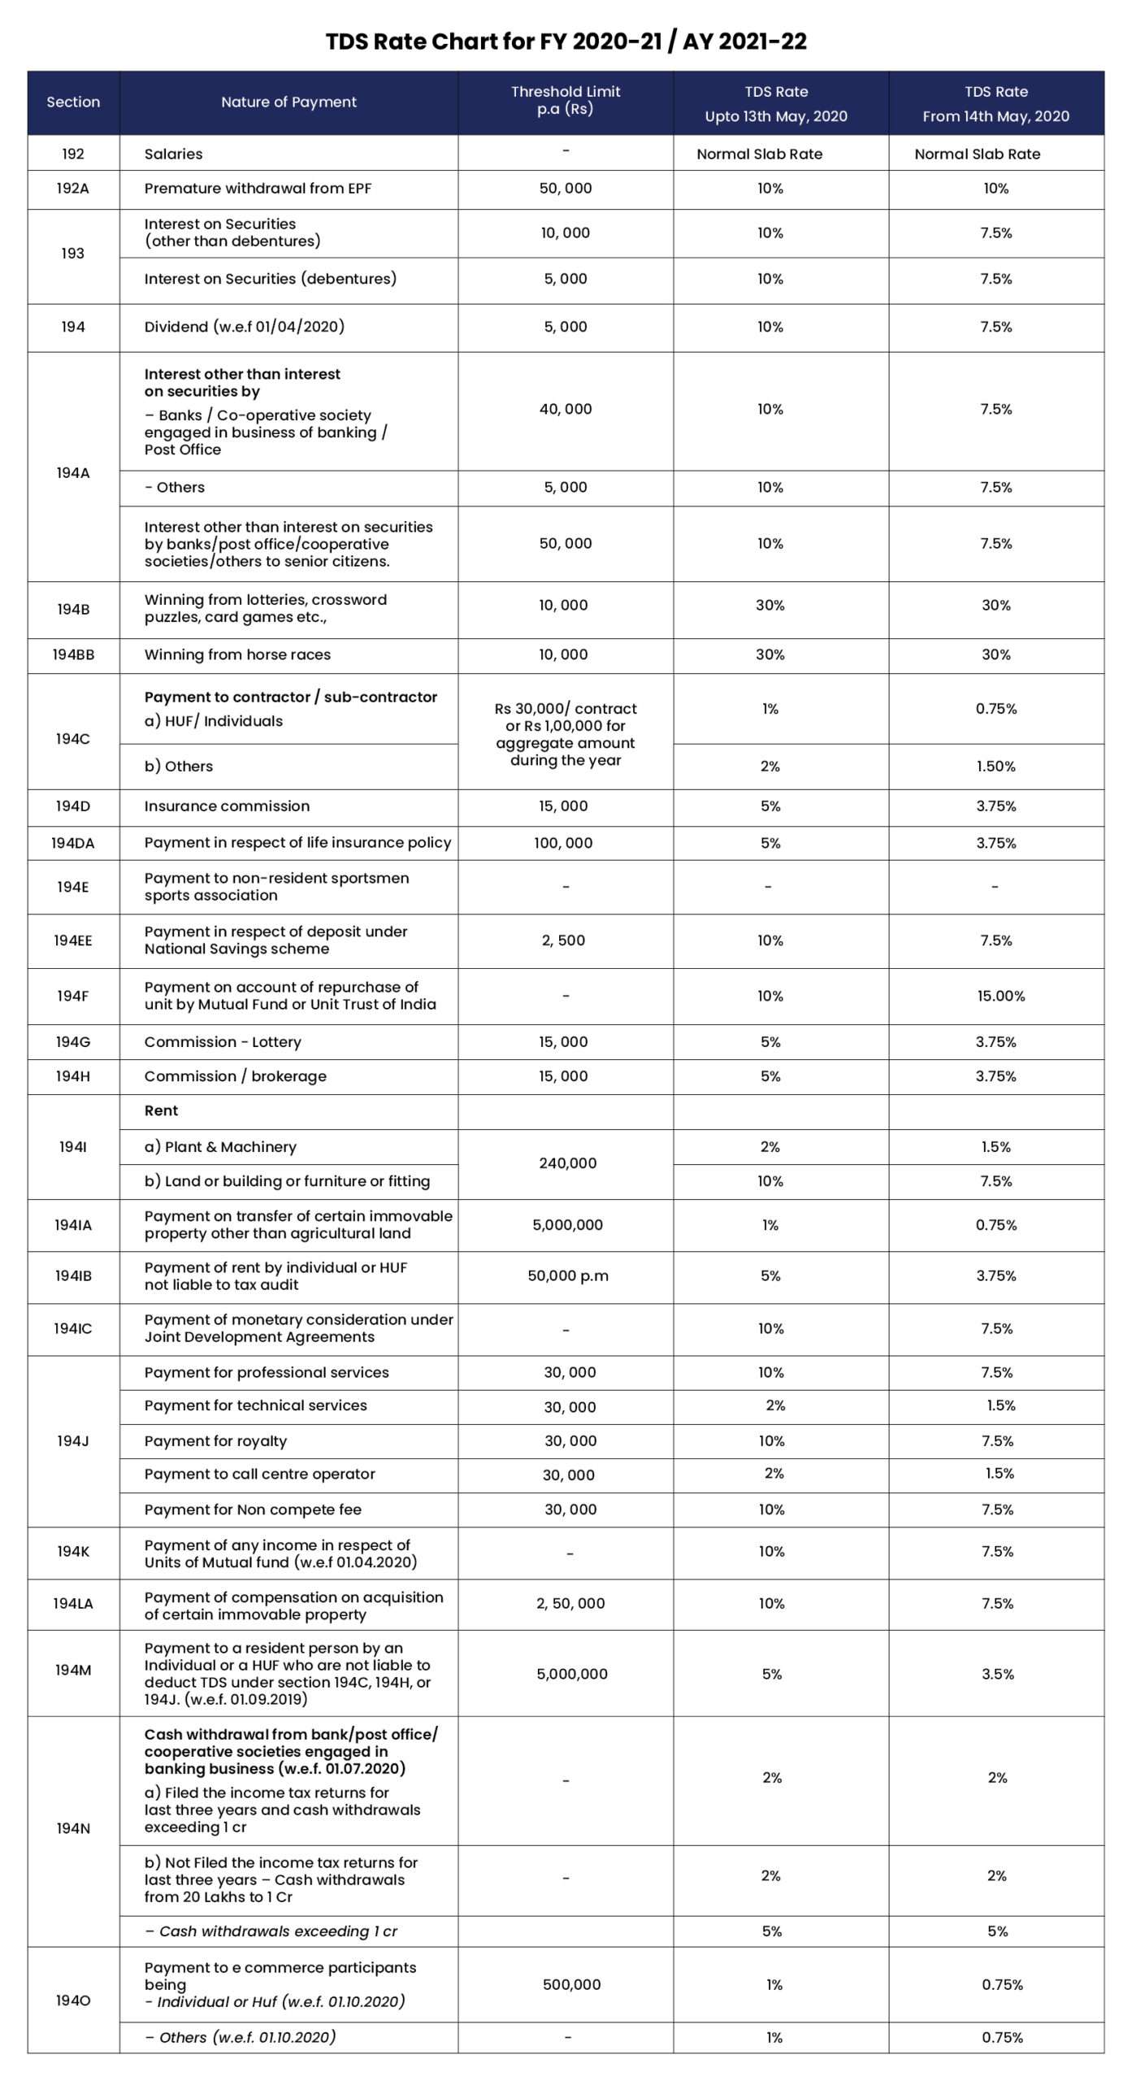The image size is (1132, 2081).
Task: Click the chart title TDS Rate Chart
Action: pos(566,41)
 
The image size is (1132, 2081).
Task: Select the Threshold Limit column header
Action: pos(566,100)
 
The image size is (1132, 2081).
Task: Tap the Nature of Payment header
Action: pos(288,102)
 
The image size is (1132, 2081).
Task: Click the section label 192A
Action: pos(73,189)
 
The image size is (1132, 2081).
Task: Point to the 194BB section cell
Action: pos(73,654)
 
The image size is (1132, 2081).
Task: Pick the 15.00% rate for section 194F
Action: pos(1000,996)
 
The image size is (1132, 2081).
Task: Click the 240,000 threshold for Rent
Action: pos(567,1163)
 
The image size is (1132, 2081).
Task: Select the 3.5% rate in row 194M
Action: pos(997,1674)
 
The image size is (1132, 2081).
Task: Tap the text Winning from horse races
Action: pos(237,654)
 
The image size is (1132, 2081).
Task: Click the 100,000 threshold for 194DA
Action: pos(563,843)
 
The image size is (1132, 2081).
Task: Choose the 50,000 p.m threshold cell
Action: pos(568,1275)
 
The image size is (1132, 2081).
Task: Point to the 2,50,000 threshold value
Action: pos(570,1603)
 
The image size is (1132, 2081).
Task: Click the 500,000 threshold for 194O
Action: pos(571,1984)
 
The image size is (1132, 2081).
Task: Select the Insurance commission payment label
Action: pos(227,806)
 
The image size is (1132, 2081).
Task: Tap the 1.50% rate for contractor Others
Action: pos(995,767)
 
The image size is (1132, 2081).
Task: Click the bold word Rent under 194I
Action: pos(161,1110)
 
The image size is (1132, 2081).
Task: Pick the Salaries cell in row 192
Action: pos(173,154)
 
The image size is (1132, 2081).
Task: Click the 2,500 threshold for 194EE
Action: pos(563,941)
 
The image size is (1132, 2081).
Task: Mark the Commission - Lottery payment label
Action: pos(223,1041)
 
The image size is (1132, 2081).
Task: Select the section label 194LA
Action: pos(73,1603)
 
